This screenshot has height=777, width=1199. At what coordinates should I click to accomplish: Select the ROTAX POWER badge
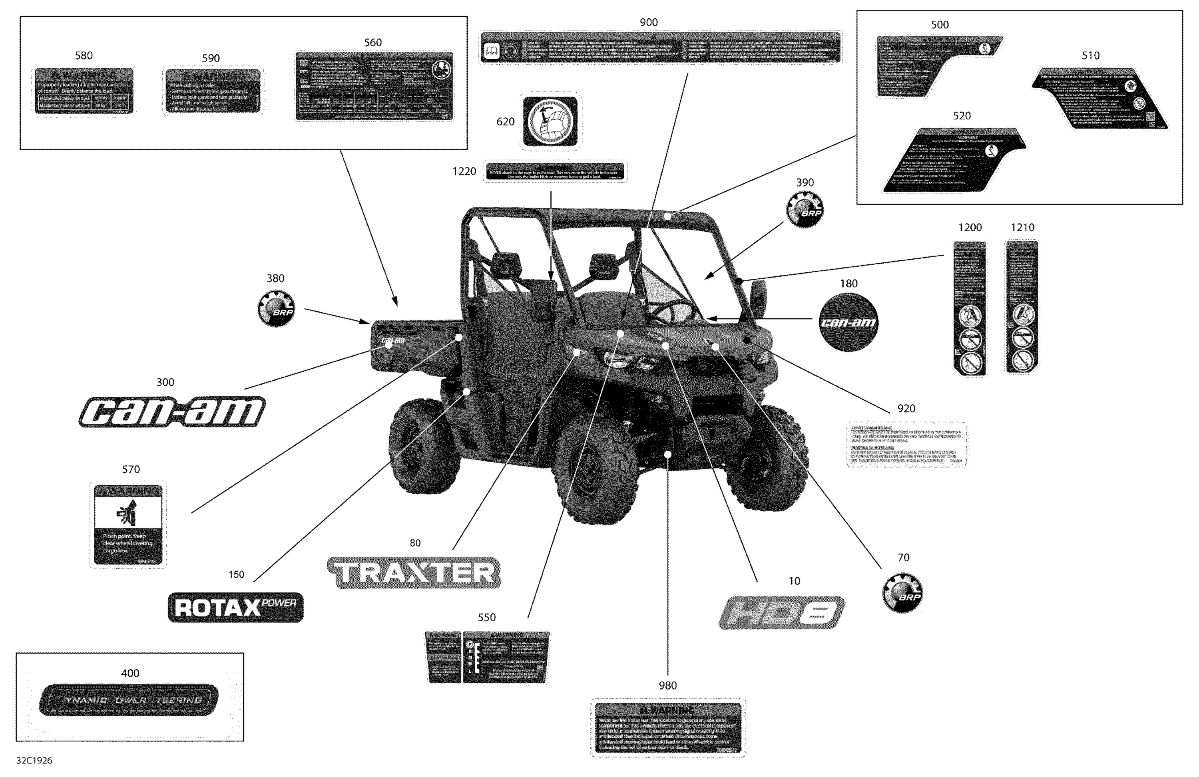pos(236,607)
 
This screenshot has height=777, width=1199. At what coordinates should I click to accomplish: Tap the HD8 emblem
pos(781,613)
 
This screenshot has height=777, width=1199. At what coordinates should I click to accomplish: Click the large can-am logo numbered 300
pos(172,412)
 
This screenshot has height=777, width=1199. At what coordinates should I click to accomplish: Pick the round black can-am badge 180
pos(848,322)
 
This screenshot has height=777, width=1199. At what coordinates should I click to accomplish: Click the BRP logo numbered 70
pos(903,593)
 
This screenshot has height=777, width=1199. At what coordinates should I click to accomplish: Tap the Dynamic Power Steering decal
pos(129,699)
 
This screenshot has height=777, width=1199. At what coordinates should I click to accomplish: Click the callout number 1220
pos(464,172)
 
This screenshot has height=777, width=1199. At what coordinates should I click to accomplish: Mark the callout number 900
pos(648,22)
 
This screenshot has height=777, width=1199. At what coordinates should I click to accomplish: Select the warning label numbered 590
pos(213,91)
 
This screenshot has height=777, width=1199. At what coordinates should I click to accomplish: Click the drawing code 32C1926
pos(34,760)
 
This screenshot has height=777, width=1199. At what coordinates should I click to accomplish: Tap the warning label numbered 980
pos(668,728)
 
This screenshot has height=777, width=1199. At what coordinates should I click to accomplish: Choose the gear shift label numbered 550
pos(487,657)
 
